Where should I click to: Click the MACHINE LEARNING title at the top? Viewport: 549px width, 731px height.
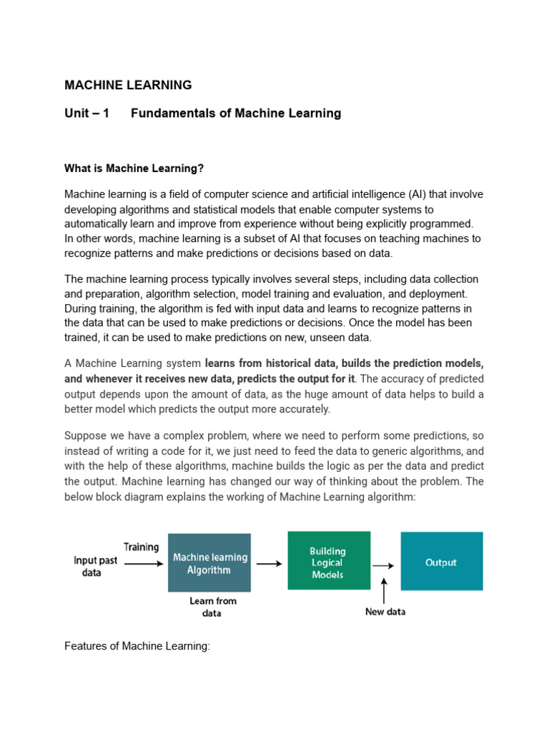point(128,85)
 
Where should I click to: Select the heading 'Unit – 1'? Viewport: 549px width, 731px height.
point(86,113)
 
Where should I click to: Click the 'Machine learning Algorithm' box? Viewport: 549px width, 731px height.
point(209,563)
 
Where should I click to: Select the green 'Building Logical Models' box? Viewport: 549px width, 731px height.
point(328,560)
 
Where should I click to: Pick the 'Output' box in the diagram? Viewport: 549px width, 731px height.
point(441,562)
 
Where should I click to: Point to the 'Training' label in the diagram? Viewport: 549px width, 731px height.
point(142,547)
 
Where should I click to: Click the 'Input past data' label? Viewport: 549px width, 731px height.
point(95,566)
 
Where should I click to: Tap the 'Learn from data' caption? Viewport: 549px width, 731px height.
point(212,607)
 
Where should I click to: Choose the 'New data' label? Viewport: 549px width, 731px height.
point(385,612)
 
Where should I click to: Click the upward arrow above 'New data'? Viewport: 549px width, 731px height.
point(385,590)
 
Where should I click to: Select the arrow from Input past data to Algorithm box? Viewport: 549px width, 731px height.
point(144,563)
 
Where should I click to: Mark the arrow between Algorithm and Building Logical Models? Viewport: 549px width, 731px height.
point(269,563)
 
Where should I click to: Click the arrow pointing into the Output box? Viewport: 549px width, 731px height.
point(383,565)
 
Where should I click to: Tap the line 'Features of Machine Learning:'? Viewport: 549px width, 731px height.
point(137,646)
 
